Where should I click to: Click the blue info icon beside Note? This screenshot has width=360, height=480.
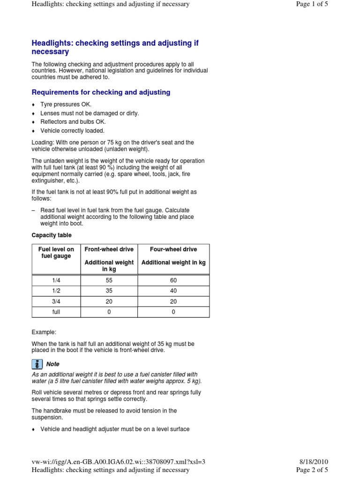(37, 364)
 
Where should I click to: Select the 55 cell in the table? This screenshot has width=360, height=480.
(109, 280)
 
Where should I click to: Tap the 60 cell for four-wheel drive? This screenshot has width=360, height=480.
(173, 280)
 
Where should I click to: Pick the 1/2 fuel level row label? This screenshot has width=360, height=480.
(56, 291)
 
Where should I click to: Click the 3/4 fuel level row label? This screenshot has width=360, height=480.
(56, 301)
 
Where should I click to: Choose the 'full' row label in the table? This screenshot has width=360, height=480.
(56, 312)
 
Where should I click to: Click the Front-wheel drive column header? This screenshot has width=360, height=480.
(109, 249)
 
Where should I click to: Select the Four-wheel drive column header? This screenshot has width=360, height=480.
(173, 249)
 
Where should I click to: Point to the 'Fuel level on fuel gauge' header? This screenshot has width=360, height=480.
(56, 253)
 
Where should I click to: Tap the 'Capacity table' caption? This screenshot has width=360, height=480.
(52, 235)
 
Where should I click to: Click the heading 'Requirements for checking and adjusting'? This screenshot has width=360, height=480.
(101, 92)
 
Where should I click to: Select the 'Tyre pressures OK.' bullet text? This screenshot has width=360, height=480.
(66, 105)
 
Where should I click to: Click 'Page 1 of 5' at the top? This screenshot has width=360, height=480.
(312, 4)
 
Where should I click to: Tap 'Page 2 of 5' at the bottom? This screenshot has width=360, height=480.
(312, 470)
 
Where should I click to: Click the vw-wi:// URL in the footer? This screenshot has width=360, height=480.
(119, 462)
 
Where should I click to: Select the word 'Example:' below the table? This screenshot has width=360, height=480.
(44, 332)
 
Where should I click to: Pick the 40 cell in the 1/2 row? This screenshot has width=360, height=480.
(173, 291)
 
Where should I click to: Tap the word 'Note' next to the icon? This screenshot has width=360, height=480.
(53, 364)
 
